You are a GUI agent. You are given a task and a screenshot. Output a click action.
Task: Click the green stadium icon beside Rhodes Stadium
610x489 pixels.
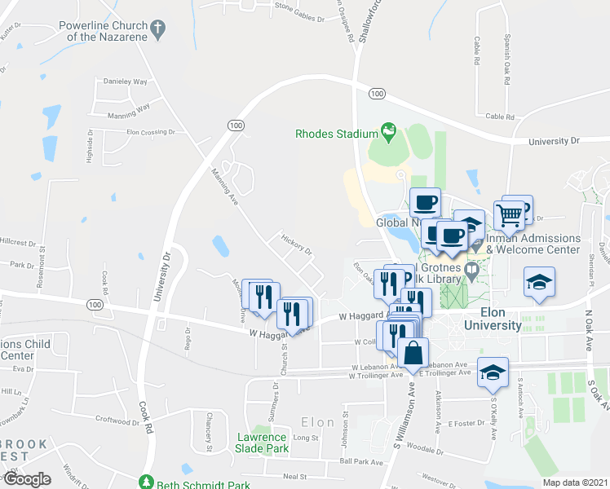(388, 132)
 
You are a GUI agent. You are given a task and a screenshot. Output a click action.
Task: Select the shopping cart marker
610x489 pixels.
(509, 216)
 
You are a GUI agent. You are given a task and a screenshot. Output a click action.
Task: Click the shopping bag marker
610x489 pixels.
(413, 354)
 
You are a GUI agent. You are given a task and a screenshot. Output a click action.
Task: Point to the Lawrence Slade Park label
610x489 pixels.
(262, 443)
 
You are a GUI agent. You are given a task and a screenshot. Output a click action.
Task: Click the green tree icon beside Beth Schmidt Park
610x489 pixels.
(146, 482)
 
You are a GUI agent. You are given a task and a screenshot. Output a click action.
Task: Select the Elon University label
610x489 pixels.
(493, 319)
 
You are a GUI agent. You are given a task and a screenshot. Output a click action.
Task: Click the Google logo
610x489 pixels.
(26, 479)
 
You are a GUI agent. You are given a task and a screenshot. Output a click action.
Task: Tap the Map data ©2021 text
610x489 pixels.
(574, 482)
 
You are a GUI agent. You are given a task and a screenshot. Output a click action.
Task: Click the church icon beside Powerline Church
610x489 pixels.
(159, 30)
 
